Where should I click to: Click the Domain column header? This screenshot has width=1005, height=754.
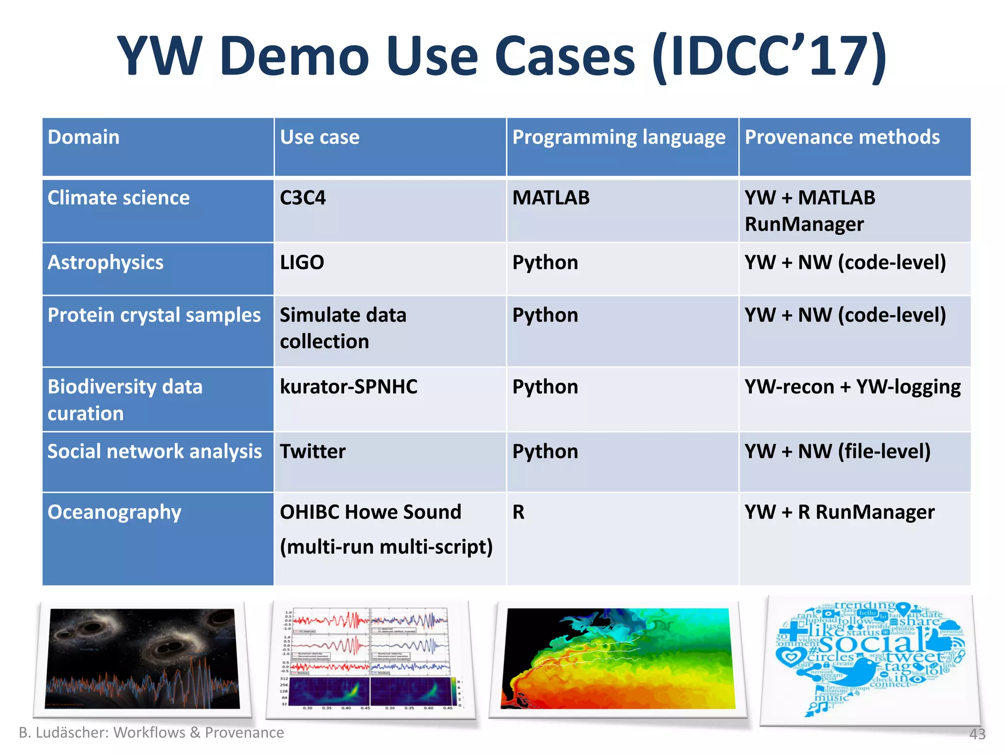83,137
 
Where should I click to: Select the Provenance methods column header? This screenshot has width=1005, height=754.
842,137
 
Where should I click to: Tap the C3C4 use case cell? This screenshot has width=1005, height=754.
303,198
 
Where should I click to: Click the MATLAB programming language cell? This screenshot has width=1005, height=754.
551,198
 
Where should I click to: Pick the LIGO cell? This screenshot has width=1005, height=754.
302,263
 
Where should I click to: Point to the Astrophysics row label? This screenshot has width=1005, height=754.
106,263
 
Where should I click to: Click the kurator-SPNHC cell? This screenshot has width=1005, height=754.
348,387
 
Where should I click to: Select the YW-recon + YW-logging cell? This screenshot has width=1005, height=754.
852,387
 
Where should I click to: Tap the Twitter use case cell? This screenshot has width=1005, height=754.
313,452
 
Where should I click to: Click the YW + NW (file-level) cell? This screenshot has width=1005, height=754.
837,452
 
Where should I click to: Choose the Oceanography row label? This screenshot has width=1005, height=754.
114,512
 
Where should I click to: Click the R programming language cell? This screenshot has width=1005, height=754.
519,512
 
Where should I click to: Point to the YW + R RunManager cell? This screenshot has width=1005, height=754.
839,512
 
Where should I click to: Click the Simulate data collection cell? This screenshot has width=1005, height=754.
343,328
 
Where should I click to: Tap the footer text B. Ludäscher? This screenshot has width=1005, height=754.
64,732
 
